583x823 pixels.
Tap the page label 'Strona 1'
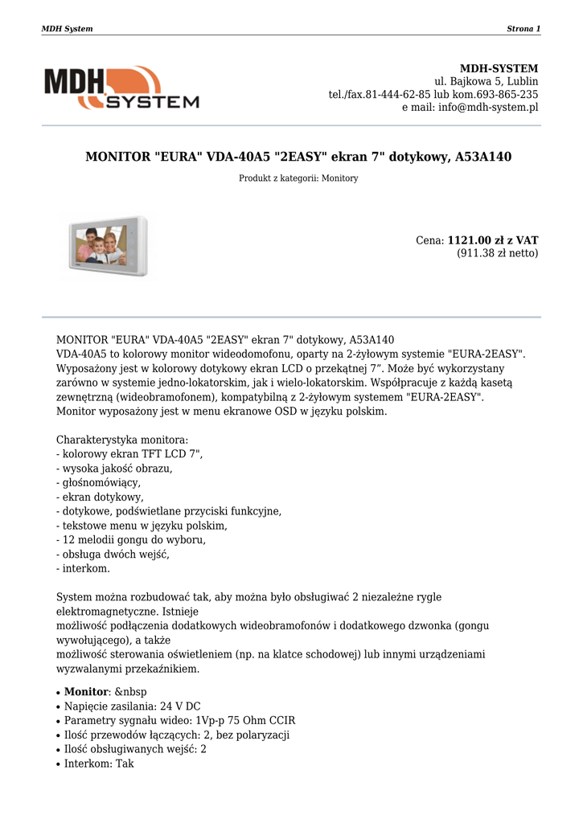tap(523, 29)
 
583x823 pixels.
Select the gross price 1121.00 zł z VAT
tap(492, 240)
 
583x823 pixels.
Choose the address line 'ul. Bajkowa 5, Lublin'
tap(487, 81)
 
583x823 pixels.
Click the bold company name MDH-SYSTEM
tap(499, 68)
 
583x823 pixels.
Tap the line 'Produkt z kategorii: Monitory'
tap(298, 178)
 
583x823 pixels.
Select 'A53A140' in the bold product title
tap(483, 157)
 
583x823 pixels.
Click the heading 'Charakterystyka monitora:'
tap(122, 440)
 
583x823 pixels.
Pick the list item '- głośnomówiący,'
tap(98, 482)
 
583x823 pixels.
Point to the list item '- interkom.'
tap(83, 568)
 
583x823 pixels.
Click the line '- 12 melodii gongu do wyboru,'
tap(130, 539)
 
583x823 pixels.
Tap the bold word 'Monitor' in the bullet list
tap(86, 692)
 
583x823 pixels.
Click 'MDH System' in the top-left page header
tap(67, 29)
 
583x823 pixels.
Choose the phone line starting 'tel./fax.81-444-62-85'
tap(433, 94)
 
